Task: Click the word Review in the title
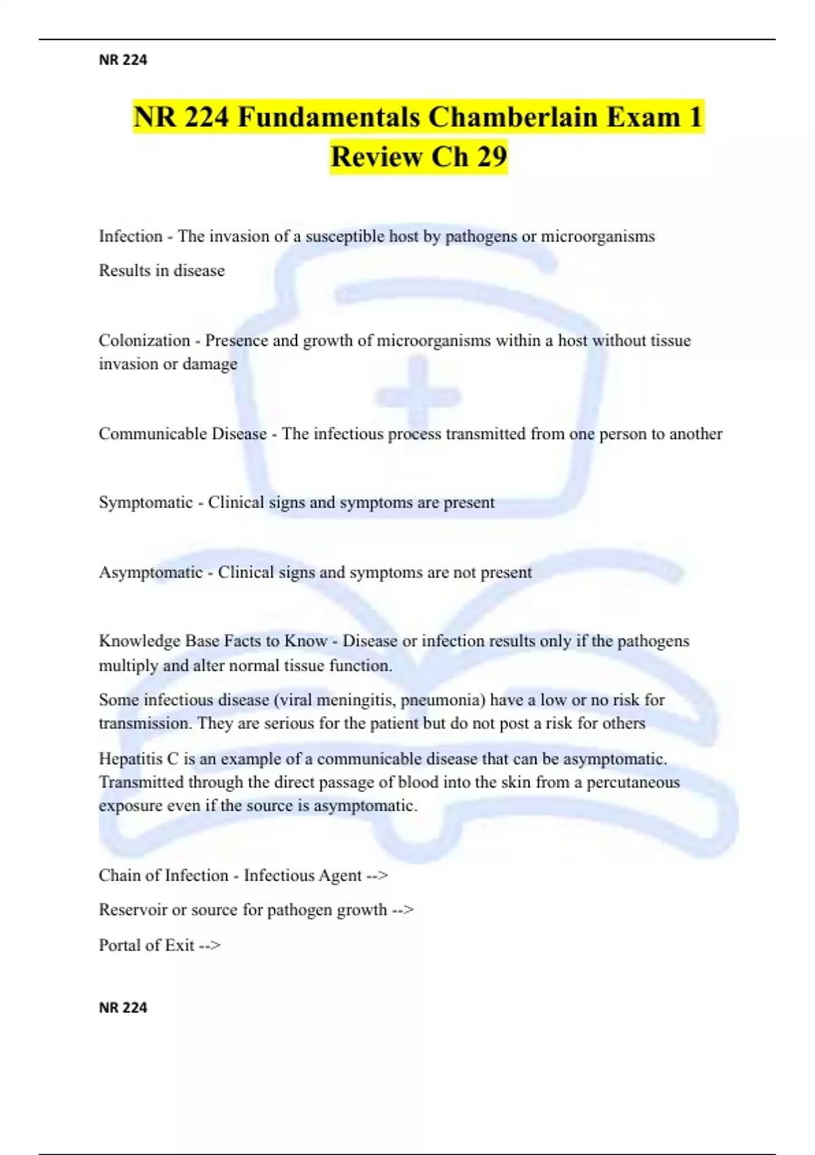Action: [x=376, y=157]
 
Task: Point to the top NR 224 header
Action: [x=123, y=60]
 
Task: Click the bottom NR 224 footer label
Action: [x=123, y=1008]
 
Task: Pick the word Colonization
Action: [x=144, y=340]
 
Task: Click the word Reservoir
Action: [x=132, y=910]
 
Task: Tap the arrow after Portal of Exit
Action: [x=210, y=945]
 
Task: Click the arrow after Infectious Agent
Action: [x=377, y=876]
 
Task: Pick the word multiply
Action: [x=128, y=666]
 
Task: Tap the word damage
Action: [x=210, y=364]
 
